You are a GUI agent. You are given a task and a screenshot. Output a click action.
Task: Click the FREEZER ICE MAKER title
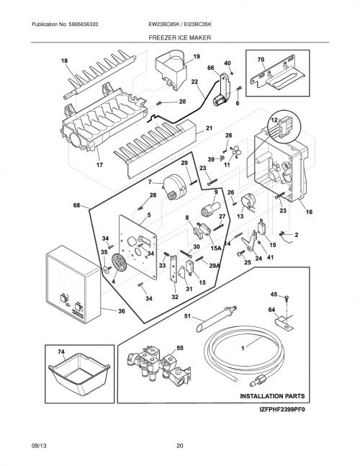click(180, 37)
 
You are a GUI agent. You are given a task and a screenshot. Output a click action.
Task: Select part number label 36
click(122, 311)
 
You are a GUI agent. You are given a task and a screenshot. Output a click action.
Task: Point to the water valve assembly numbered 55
click(158, 364)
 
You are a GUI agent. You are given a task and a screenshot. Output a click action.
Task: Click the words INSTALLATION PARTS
click(272, 396)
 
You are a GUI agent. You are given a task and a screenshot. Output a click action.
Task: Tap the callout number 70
click(261, 60)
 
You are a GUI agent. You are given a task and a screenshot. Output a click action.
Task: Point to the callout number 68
click(76, 205)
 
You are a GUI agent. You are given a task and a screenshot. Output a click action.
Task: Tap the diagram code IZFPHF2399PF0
click(282, 410)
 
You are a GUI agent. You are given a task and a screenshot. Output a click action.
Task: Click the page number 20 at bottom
click(180, 446)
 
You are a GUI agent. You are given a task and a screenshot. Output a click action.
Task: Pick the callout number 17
click(99, 165)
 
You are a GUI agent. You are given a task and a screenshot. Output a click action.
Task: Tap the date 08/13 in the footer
click(39, 446)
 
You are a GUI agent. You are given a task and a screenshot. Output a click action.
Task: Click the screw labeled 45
click(287, 297)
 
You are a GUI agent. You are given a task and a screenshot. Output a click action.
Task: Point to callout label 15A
click(216, 247)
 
